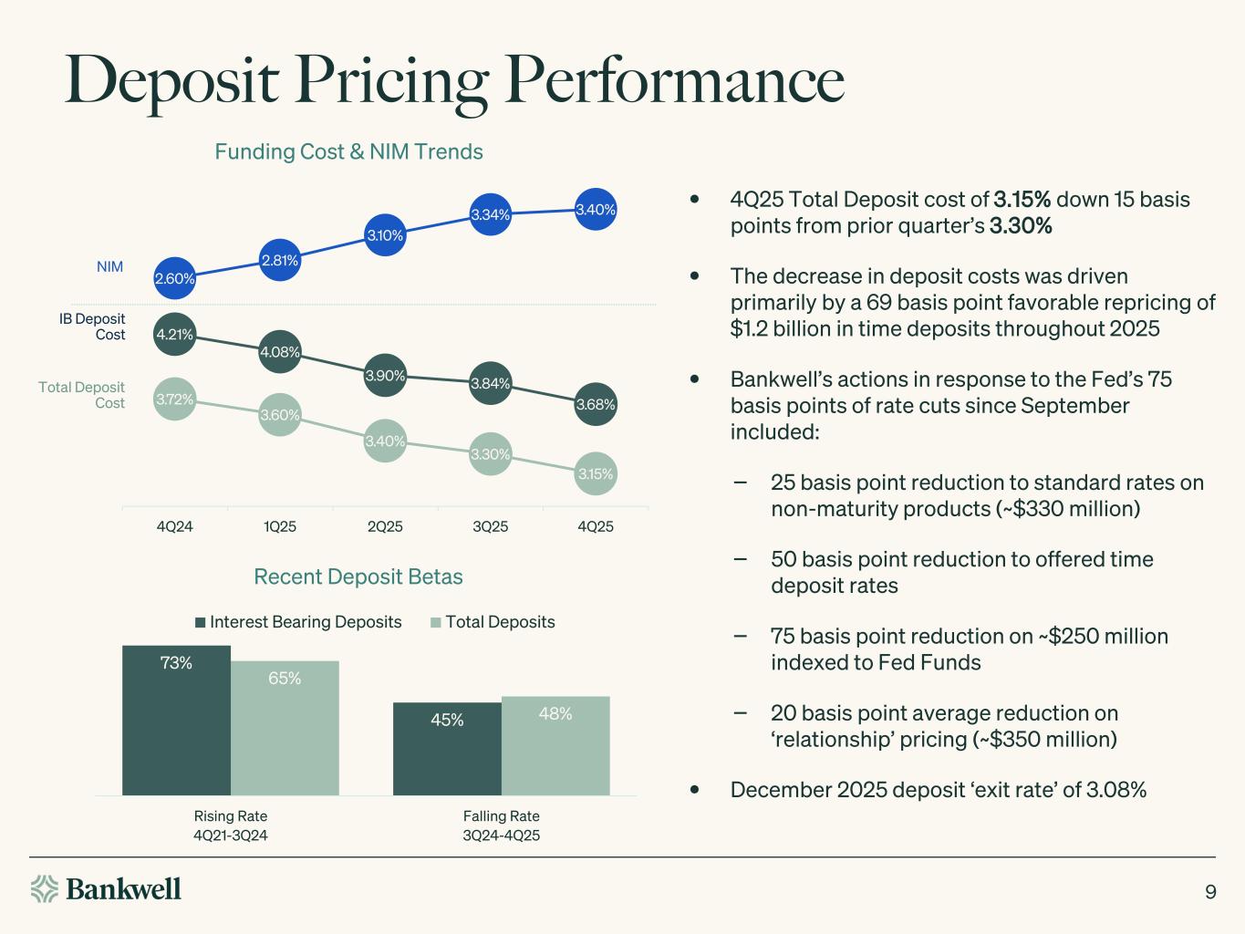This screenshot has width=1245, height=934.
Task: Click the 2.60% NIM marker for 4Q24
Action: [x=174, y=279]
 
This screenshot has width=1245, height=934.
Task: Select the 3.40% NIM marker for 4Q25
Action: [x=596, y=210]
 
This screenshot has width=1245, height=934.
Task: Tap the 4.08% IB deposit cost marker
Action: [x=280, y=352]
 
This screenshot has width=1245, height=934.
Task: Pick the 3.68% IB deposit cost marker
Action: [x=596, y=404]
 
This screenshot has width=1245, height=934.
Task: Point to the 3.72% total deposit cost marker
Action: [x=174, y=399]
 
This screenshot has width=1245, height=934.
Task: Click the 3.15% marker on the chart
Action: [x=596, y=474]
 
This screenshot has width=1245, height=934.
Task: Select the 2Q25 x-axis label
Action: [x=385, y=526]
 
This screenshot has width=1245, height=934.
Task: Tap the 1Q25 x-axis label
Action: [x=280, y=526]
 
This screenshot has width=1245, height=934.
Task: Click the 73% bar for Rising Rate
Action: [x=176, y=721]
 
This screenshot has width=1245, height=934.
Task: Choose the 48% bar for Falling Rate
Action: [x=555, y=745]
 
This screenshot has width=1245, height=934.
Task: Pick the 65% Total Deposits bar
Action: [x=285, y=728]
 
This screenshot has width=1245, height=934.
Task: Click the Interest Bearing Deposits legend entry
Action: [x=297, y=622]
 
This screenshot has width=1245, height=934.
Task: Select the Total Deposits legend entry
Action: [x=493, y=622]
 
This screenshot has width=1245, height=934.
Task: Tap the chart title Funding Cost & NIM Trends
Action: [x=348, y=151]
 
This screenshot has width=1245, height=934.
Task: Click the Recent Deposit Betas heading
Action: [x=358, y=576]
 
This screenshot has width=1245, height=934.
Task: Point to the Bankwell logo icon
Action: [x=45, y=888]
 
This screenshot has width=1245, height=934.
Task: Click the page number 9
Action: [x=1210, y=892]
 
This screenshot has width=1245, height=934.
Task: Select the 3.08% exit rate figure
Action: [x=1116, y=790]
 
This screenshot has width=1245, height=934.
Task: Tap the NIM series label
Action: [x=109, y=267]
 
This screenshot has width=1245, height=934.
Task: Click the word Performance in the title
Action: [x=676, y=80]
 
